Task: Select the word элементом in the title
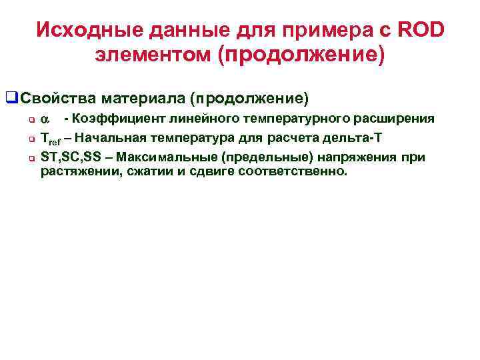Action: point(153,55)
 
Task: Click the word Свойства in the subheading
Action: point(58,99)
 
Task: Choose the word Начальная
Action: point(118,138)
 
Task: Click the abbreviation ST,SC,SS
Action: point(67,157)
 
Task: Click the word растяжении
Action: point(75,171)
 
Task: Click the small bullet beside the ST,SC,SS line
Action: point(31,158)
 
